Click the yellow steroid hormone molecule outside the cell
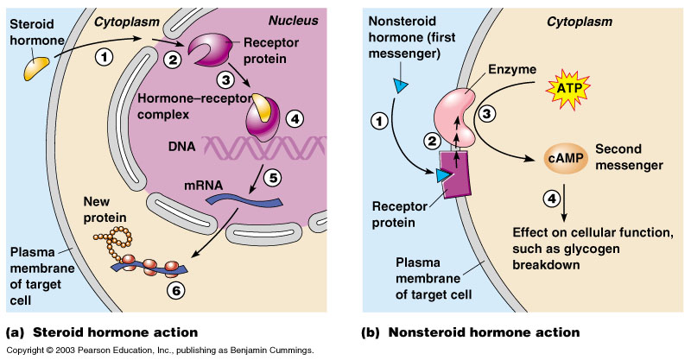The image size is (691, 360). [x=37, y=67]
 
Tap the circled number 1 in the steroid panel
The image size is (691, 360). [x=105, y=58]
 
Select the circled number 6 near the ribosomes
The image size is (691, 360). [x=174, y=290]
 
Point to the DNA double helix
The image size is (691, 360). [x=250, y=150]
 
